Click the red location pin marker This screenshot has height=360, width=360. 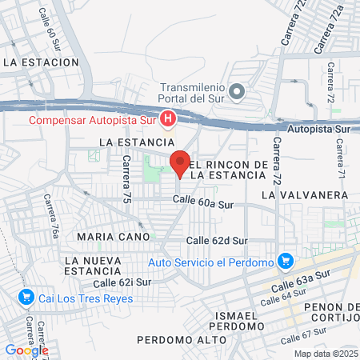(180, 162)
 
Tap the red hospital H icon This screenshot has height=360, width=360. (168, 121)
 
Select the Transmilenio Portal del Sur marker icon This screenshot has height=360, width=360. (236, 92)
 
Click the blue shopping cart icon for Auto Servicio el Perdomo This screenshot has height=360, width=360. (284, 262)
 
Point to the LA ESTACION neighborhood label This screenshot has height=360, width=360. (41, 62)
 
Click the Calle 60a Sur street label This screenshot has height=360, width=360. (210, 204)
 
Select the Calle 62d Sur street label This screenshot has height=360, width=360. (218, 240)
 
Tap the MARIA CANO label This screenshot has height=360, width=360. (114, 237)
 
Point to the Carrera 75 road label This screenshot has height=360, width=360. (126, 178)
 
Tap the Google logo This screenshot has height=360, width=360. (26, 350)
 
